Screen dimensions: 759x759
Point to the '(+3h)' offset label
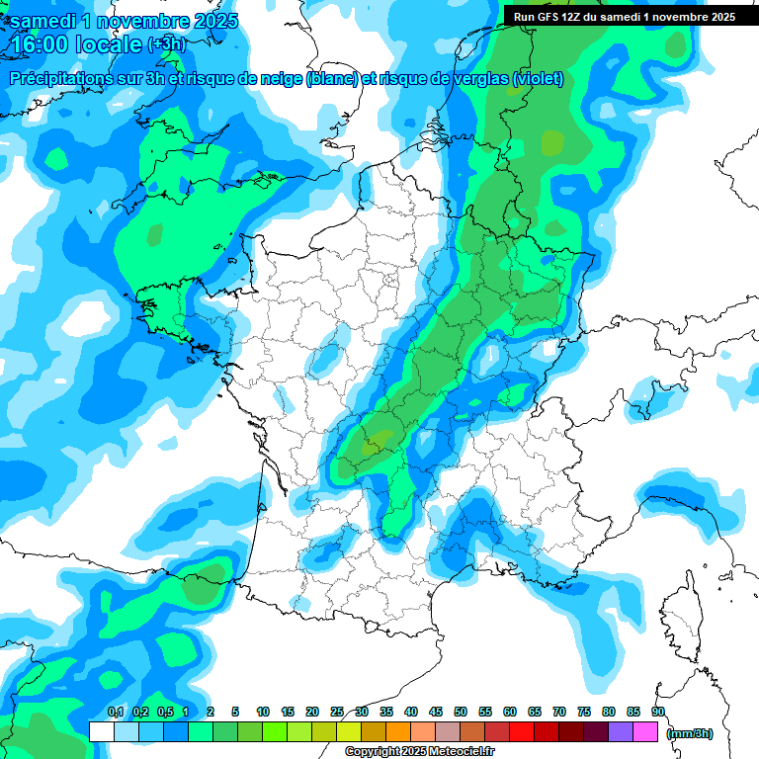coord(165,43)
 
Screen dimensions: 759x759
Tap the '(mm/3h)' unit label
coord(690,732)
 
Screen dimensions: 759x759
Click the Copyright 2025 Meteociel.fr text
coord(416,752)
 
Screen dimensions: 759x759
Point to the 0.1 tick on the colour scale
coord(115,712)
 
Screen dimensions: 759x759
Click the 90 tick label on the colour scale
coord(657,712)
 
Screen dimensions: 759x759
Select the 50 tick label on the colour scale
coord(461,712)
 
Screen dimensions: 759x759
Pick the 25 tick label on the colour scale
coord(337,712)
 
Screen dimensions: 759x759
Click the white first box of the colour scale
coord(101,731)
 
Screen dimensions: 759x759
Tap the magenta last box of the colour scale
coord(645,731)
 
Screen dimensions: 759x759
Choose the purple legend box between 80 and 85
coord(621,731)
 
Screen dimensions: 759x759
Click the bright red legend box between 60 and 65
coord(522,731)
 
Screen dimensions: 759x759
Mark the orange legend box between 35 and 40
coord(398,731)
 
